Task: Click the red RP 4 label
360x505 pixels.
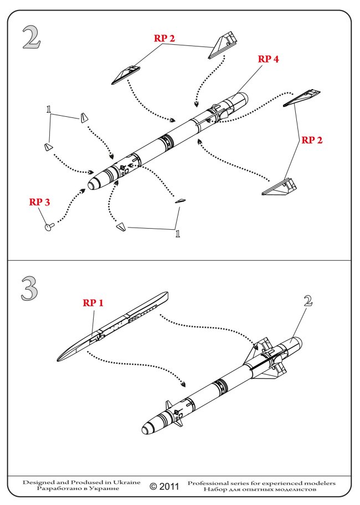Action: tap(268, 60)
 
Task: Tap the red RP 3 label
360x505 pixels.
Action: tap(39, 202)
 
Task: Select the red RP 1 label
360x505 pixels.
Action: tap(94, 303)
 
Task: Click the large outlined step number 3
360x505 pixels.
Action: tap(30, 288)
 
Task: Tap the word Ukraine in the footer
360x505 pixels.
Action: tap(127, 483)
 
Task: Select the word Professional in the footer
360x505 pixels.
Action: tap(210, 483)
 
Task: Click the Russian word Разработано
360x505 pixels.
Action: tap(58, 489)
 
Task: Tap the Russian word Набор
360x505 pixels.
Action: tap(215, 489)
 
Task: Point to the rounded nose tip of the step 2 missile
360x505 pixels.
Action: tap(91, 185)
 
